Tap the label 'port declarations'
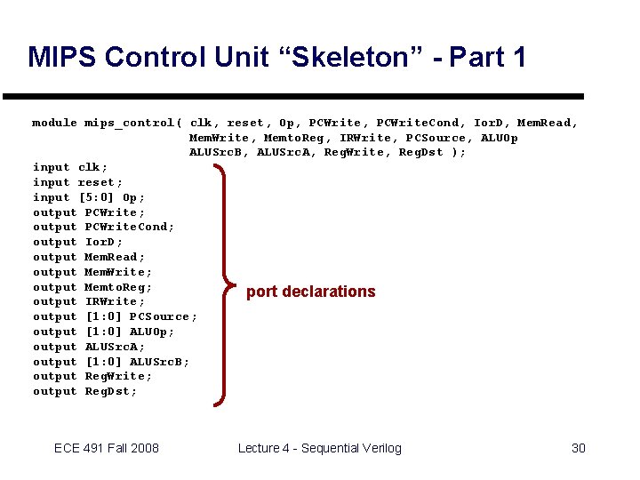point(310,292)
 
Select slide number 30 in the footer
point(578,448)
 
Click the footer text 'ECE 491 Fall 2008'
point(107,448)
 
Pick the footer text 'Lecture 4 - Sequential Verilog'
point(319,448)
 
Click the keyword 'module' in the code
point(54,123)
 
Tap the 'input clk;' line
point(70,167)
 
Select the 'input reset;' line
point(78,182)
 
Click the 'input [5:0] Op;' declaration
point(89,197)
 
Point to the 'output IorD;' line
point(78,242)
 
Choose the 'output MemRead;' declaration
point(89,257)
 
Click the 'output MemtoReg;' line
point(92,287)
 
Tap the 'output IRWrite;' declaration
point(89,302)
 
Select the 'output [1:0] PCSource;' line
point(115,316)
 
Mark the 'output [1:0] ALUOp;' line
point(104,332)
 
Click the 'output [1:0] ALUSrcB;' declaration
point(111,362)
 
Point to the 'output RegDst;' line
point(85,391)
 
